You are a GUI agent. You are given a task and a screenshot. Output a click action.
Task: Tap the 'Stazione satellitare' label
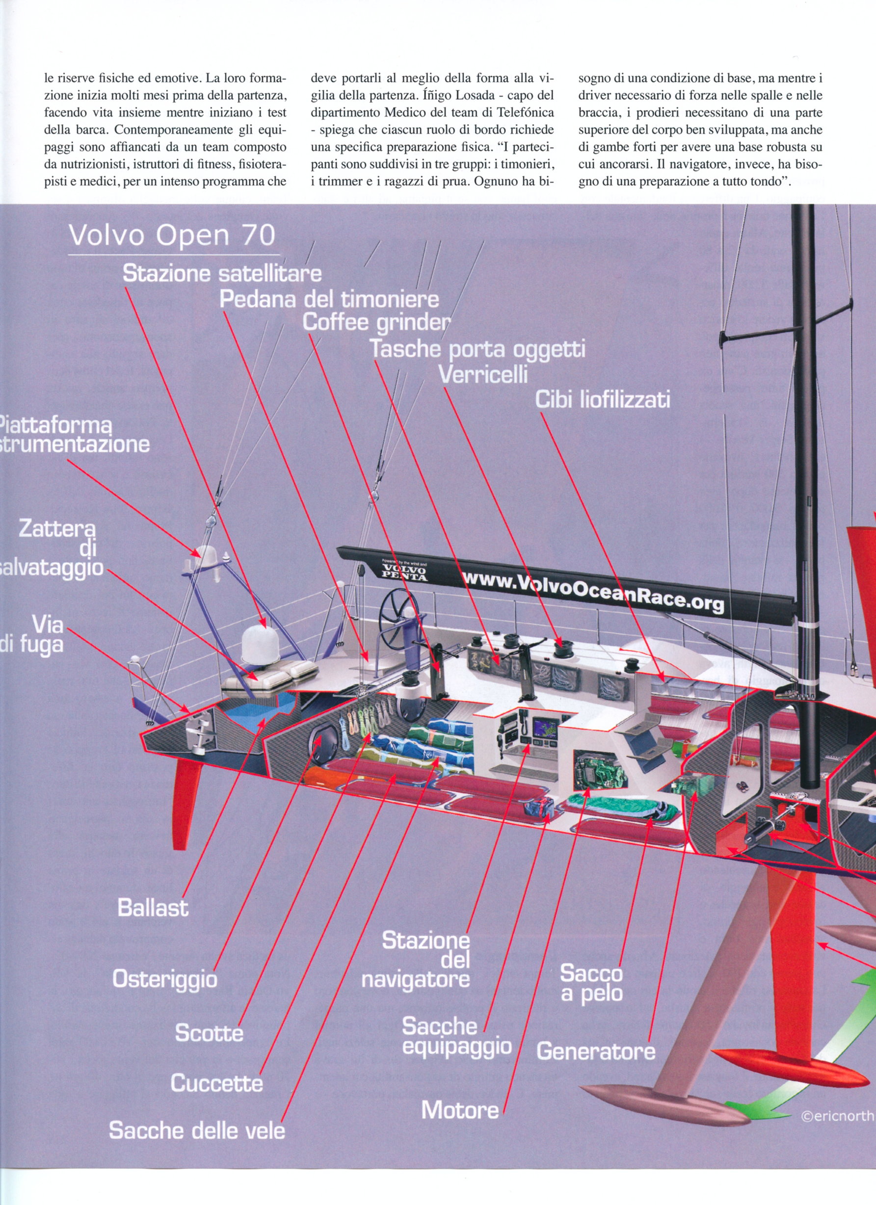click(x=222, y=273)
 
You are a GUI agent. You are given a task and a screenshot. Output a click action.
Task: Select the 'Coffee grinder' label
click(x=376, y=322)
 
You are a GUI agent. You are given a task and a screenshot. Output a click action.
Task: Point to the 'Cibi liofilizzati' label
click(x=602, y=399)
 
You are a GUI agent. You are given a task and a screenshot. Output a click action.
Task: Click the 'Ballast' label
click(x=153, y=908)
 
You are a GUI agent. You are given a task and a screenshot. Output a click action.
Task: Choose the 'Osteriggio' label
click(x=165, y=979)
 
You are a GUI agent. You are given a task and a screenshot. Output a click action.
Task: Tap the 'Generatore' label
click(x=596, y=1051)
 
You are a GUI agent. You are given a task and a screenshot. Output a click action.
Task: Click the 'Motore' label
click(x=460, y=1110)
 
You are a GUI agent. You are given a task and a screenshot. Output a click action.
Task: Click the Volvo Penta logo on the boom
click(x=404, y=571)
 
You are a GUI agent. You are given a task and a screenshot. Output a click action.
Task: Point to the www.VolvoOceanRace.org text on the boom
click(x=593, y=590)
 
